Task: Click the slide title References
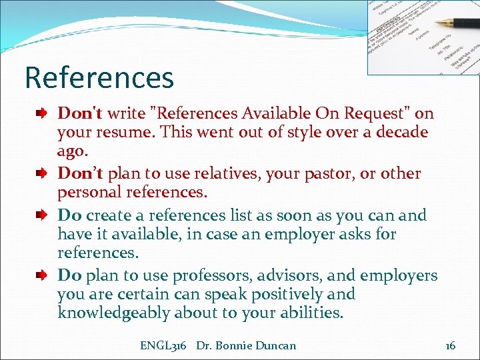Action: coord(99,77)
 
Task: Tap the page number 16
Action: coord(450,345)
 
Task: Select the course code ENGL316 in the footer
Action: coord(163,345)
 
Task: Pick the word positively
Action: coord(289,294)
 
